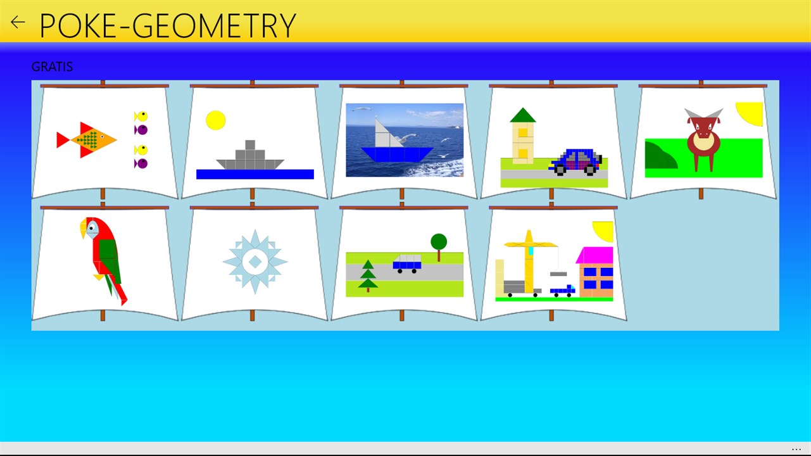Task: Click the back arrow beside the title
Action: point(18,22)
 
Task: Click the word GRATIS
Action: point(52,66)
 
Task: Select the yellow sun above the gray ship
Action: point(216,120)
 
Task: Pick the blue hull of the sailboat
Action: point(397,154)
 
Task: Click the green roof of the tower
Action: point(523,115)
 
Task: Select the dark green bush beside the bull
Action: point(660,156)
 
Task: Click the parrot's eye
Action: point(92,228)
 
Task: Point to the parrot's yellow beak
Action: point(84,228)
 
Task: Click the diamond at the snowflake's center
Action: point(255,262)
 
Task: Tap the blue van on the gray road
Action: point(407,263)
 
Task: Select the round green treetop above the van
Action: point(439,241)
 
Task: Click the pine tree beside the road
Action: point(368,276)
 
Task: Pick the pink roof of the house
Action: point(594,255)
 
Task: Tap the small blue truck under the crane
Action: point(563,291)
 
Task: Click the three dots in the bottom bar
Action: point(796,450)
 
